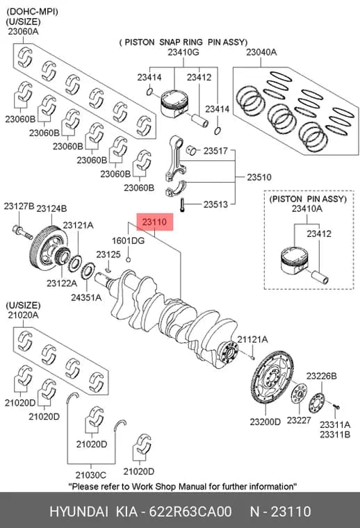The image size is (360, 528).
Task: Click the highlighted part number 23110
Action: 154,222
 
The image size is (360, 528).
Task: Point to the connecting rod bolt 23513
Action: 182,205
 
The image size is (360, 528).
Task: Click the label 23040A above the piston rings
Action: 261,52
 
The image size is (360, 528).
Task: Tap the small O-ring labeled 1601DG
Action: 129,259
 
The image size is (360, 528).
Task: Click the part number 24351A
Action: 86,297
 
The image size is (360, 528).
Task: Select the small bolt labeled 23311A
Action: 336,406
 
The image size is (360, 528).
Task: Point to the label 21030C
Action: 90,475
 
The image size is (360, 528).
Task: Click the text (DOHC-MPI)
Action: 32,12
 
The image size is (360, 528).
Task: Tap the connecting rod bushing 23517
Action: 191,150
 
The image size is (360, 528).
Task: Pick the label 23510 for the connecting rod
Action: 259,176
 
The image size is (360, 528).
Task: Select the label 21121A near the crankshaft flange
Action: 252,340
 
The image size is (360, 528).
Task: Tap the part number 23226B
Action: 321,376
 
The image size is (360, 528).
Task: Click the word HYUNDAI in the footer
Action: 79,511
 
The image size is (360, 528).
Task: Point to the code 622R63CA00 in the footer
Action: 190,511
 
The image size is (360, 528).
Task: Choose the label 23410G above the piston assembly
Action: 183,52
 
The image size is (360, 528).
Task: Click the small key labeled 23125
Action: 108,270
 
